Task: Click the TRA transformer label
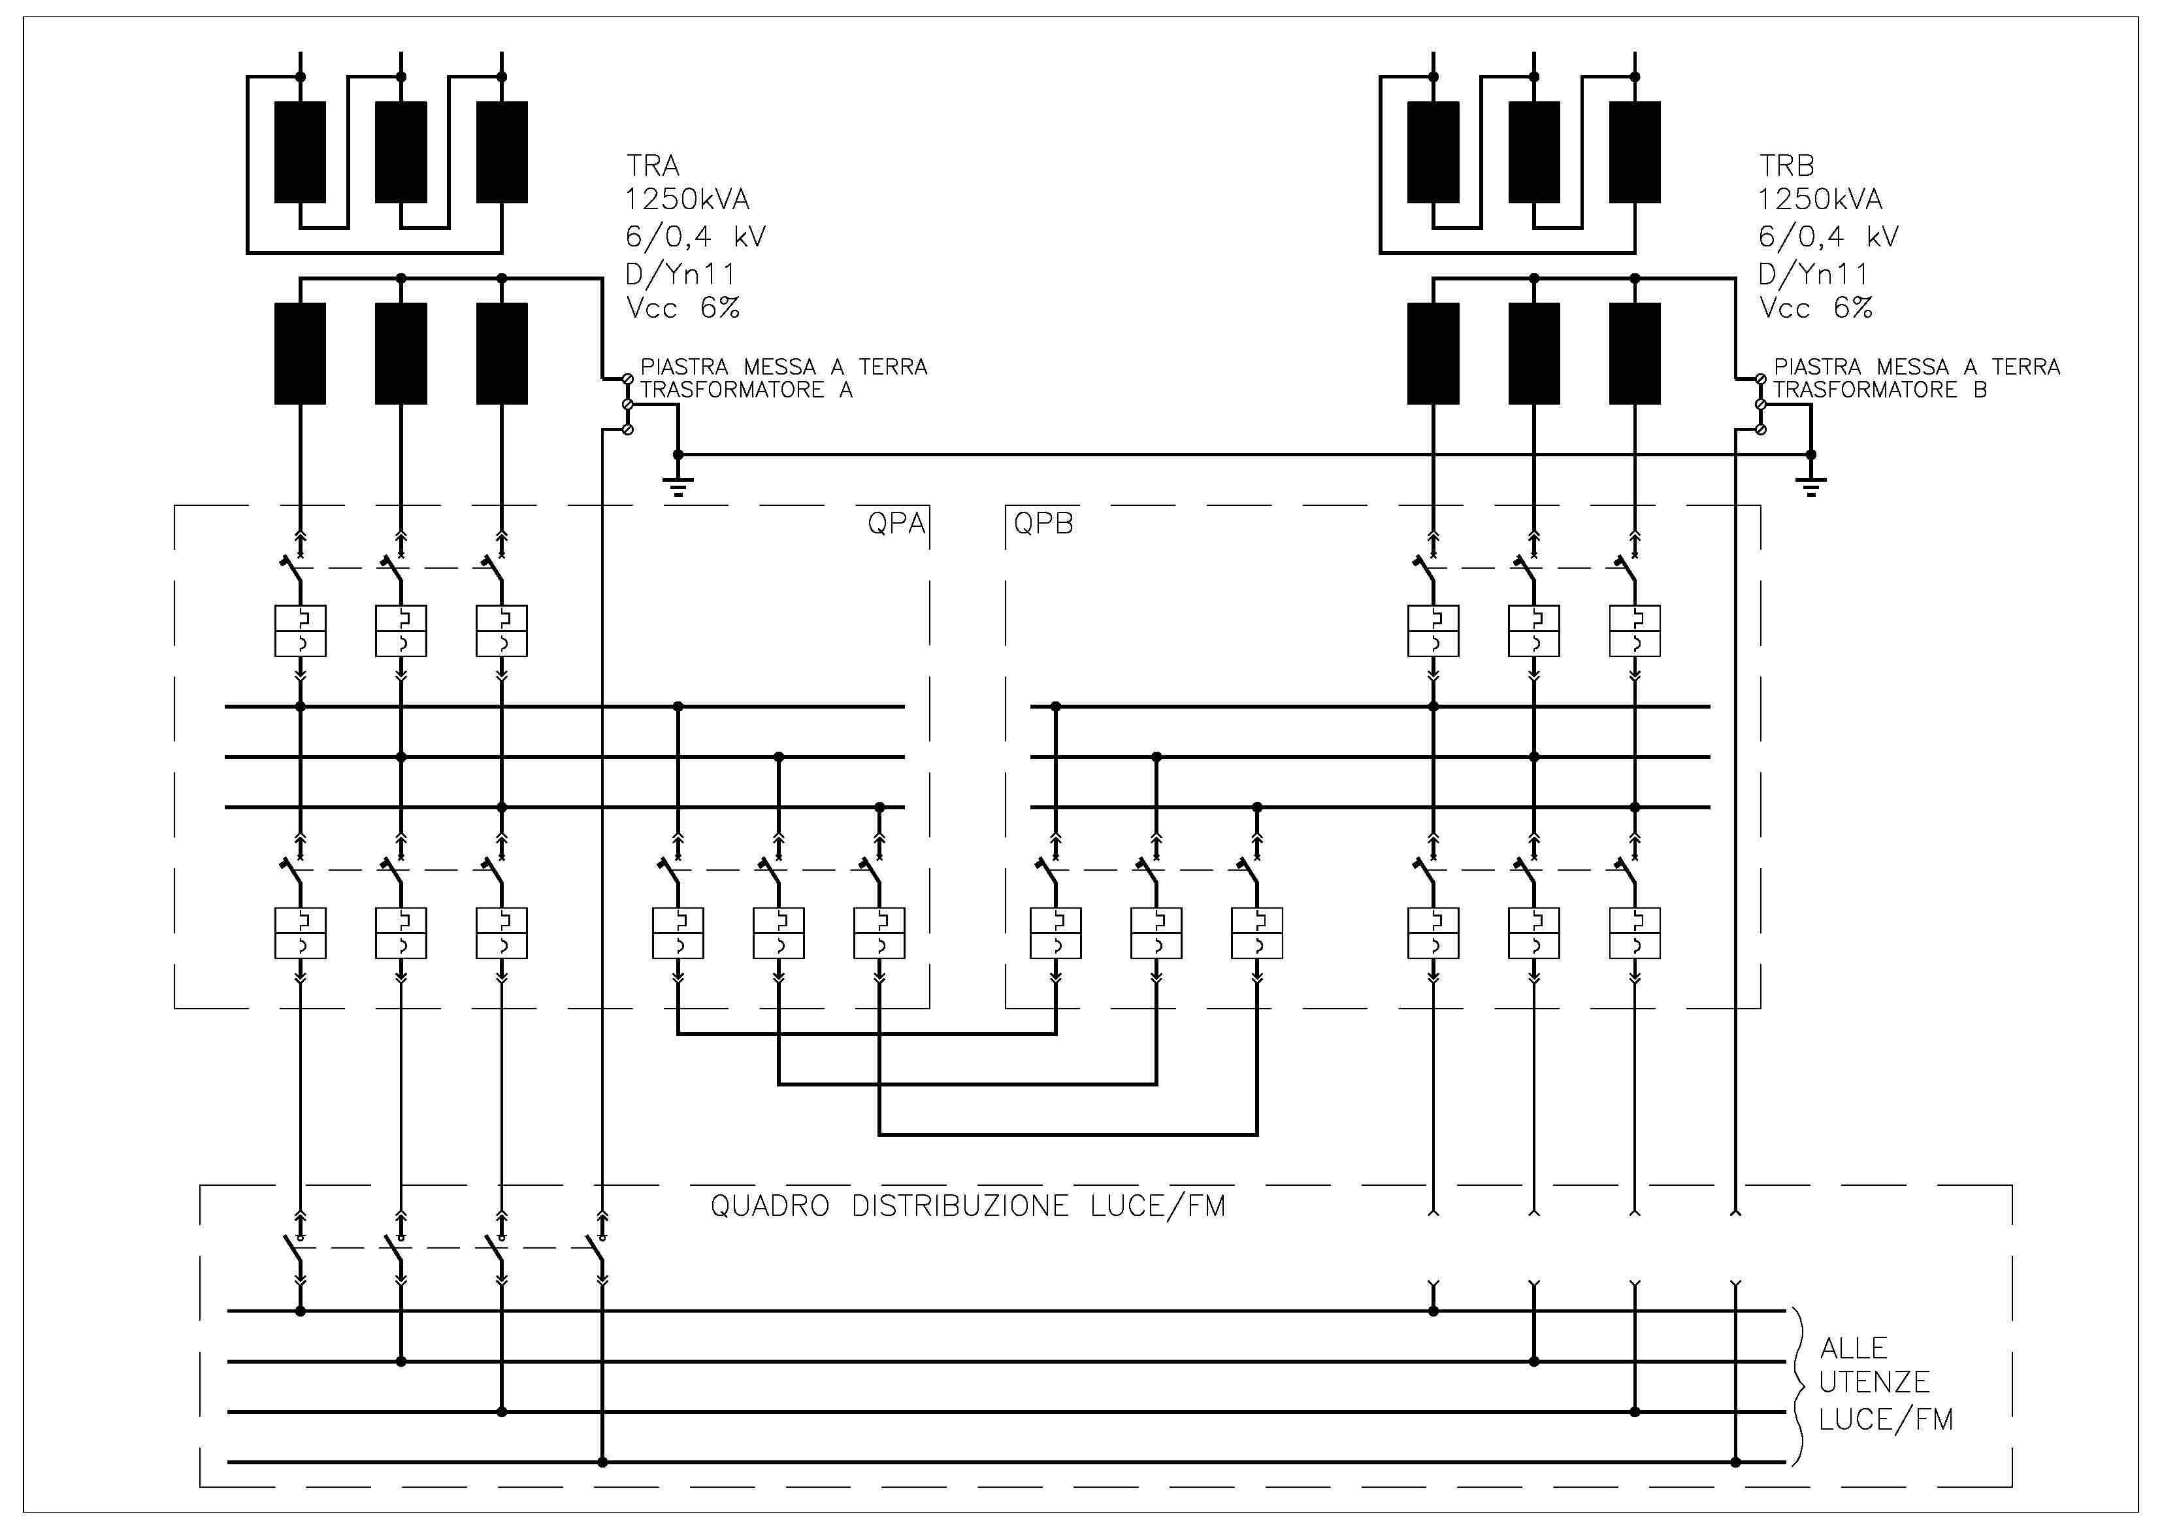click(653, 166)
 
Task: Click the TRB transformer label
click(1786, 166)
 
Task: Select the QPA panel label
click(896, 523)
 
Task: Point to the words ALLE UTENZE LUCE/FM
click(1885, 1382)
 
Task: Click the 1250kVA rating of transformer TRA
click(687, 200)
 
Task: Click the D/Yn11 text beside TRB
click(1812, 273)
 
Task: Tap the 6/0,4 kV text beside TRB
click(1827, 237)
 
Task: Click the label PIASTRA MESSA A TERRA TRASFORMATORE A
click(783, 378)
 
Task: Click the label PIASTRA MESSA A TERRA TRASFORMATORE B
click(1916, 378)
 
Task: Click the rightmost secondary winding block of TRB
click(1635, 353)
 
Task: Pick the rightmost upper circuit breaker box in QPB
click(1635, 630)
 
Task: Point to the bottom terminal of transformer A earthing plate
click(628, 429)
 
